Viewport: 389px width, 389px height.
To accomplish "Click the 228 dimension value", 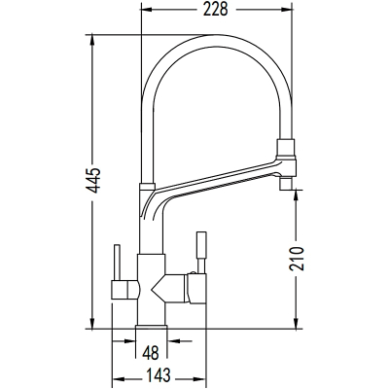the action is [216, 9].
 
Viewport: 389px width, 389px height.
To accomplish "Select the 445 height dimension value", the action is [94, 181].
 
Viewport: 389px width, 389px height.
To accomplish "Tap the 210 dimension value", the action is [297, 259].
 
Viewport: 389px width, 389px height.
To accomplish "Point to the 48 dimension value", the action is [151, 352].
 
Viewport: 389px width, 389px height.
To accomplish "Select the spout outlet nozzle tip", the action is [287, 184].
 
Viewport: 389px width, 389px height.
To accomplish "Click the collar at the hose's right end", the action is [286, 149].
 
